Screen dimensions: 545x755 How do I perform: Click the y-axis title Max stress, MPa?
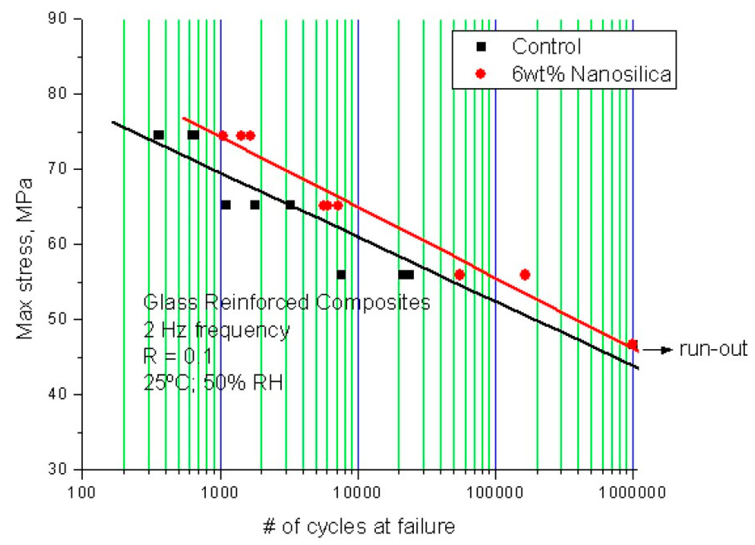[x=25, y=259]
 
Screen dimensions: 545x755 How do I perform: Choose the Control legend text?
[x=547, y=46]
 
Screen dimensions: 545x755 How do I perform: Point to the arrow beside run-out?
[x=658, y=350]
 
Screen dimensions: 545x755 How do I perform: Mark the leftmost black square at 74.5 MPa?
[x=159, y=135]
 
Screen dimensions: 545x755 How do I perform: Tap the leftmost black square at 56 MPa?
[x=341, y=274]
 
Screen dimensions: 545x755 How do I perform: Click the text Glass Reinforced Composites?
[x=287, y=303]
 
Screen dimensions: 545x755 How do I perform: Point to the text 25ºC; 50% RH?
[x=213, y=383]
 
